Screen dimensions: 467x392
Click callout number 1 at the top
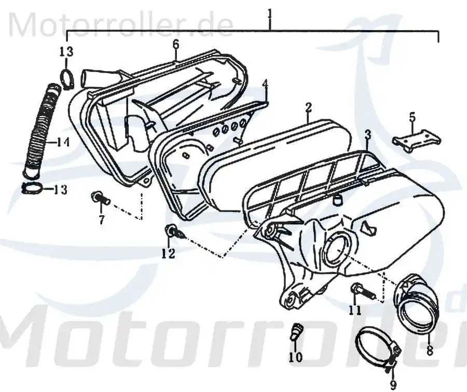[270, 14]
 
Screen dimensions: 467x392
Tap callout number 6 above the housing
[176, 45]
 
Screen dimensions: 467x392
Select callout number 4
[265, 83]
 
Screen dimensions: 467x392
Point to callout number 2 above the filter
[308, 107]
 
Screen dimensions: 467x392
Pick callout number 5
[412, 117]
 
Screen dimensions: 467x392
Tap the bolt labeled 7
[101, 199]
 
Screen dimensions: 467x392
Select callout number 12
[169, 254]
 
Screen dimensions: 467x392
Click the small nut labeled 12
[171, 231]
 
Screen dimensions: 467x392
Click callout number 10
[295, 357]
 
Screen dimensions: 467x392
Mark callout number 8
[430, 350]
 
